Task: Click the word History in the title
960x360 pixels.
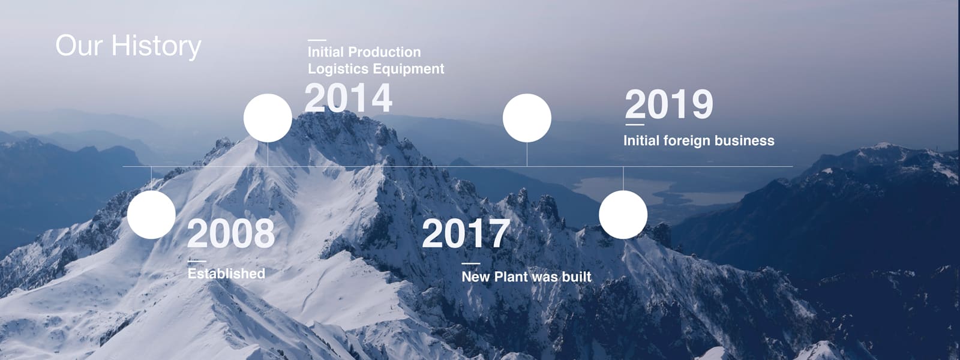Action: (x=157, y=46)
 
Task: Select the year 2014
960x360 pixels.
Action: (x=348, y=98)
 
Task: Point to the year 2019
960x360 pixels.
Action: (x=669, y=104)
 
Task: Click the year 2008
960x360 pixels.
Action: (x=230, y=233)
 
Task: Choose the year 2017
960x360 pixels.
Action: (x=466, y=233)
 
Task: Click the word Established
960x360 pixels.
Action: (x=226, y=274)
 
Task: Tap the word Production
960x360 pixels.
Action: (x=385, y=52)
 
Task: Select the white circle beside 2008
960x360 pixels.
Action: (x=151, y=215)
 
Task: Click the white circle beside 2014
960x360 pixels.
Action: (x=268, y=118)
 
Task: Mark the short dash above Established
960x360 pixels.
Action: (x=197, y=261)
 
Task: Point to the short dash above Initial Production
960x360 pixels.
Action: (x=317, y=40)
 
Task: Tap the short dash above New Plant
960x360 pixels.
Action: (x=470, y=263)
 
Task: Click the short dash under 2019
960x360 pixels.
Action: (x=635, y=125)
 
